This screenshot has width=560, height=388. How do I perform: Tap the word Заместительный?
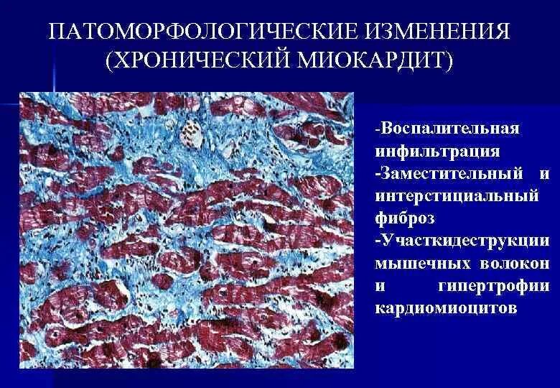pos(451,173)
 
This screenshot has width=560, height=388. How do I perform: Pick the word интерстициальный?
pos(457,195)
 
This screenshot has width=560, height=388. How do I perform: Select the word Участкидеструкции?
pos(465,240)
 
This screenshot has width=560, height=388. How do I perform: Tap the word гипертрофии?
pos(494,285)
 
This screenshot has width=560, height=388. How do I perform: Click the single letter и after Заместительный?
pos(543,173)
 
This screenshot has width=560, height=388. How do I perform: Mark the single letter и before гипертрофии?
pos(381,285)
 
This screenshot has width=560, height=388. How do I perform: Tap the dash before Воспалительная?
pos(377,129)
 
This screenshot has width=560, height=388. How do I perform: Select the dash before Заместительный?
pos(377,175)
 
